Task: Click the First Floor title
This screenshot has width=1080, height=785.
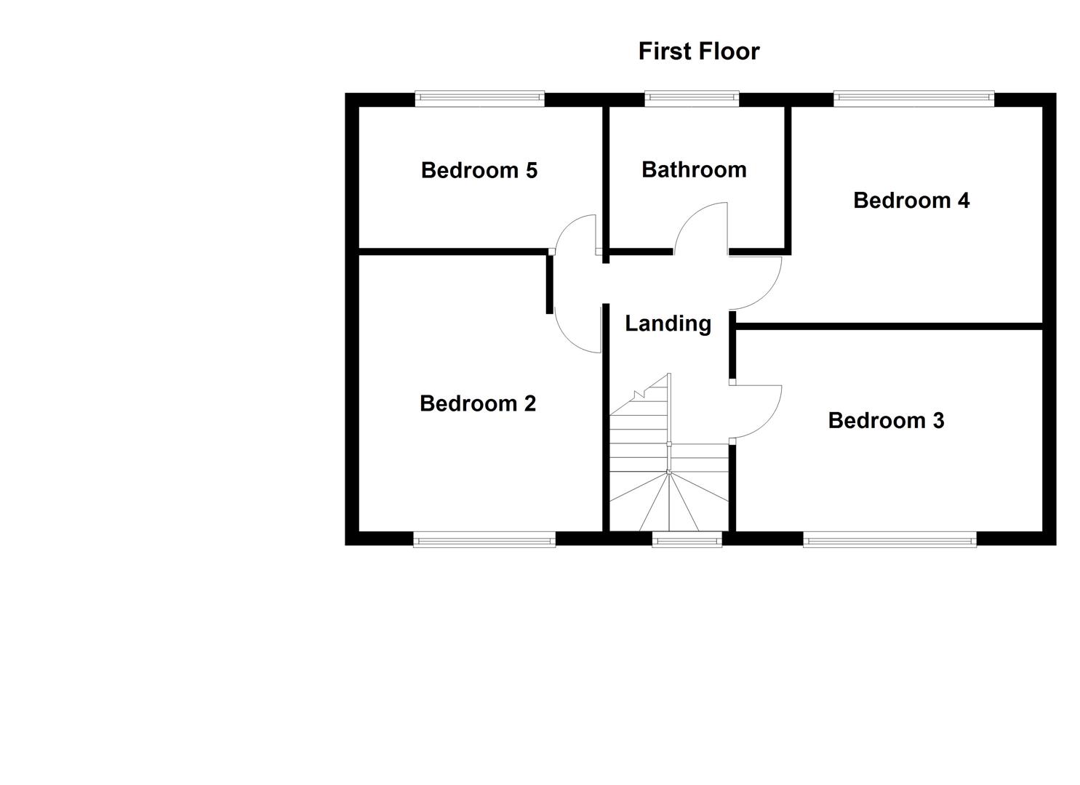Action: click(x=698, y=51)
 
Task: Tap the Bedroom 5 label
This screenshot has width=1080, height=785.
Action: click(x=479, y=170)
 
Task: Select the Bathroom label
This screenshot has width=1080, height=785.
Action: click(x=694, y=169)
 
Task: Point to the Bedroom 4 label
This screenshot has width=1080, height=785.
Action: click(x=911, y=200)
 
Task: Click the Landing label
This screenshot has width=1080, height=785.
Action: click(x=668, y=323)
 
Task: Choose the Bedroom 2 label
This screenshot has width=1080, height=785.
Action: click(x=477, y=403)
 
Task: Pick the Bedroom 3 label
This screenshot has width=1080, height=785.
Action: click(x=886, y=420)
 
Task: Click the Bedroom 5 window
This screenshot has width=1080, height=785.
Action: click(x=479, y=99)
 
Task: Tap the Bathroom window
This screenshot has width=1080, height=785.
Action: click(x=692, y=99)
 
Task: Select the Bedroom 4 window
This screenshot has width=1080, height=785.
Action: click(x=913, y=99)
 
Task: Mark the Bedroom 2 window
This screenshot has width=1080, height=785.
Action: click(x=484, y=539)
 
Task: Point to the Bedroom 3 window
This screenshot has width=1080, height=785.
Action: click(x=889, y=539)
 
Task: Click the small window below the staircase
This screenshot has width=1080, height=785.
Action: click(x=687, y=539)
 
